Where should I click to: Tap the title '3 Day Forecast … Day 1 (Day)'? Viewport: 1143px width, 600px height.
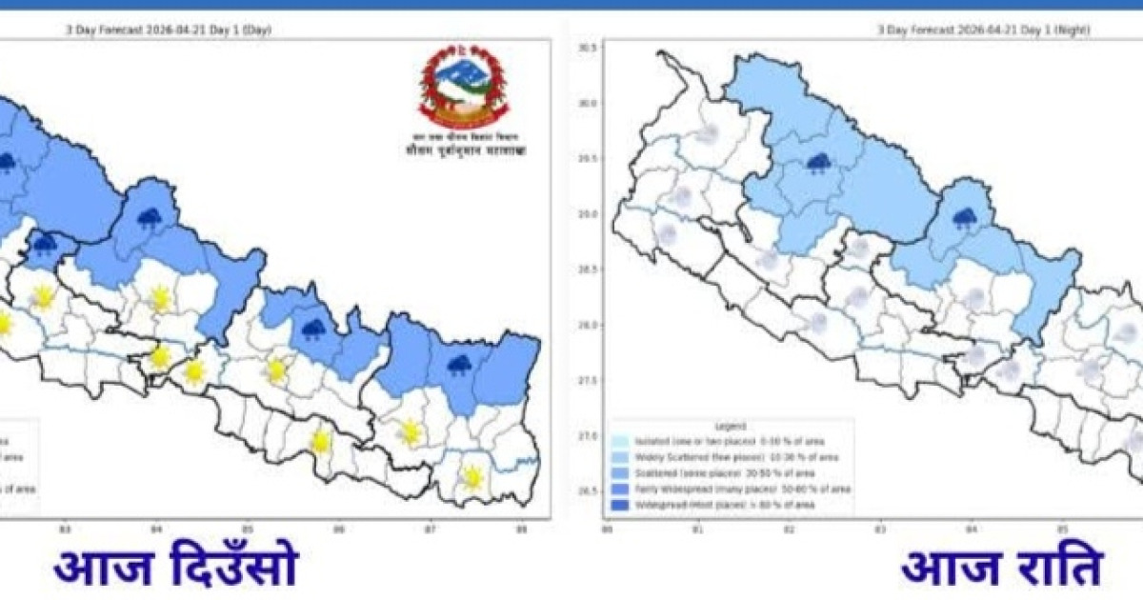(168, 30)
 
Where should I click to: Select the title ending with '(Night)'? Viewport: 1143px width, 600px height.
(983, 30)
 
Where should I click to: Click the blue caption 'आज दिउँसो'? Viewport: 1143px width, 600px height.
(175, 567)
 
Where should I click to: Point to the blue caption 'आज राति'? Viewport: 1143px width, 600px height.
(1000, 567)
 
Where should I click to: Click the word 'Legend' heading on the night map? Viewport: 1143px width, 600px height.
(731, 427)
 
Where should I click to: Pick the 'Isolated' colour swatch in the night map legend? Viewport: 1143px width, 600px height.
(620, 442)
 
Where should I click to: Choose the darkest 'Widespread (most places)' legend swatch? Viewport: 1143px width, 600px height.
(620, 503)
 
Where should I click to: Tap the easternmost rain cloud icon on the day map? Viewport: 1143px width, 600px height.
(459, 364)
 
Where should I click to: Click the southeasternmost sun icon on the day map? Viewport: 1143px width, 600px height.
(471, 476)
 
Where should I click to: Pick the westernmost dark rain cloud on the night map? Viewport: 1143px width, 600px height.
(817, 164)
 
